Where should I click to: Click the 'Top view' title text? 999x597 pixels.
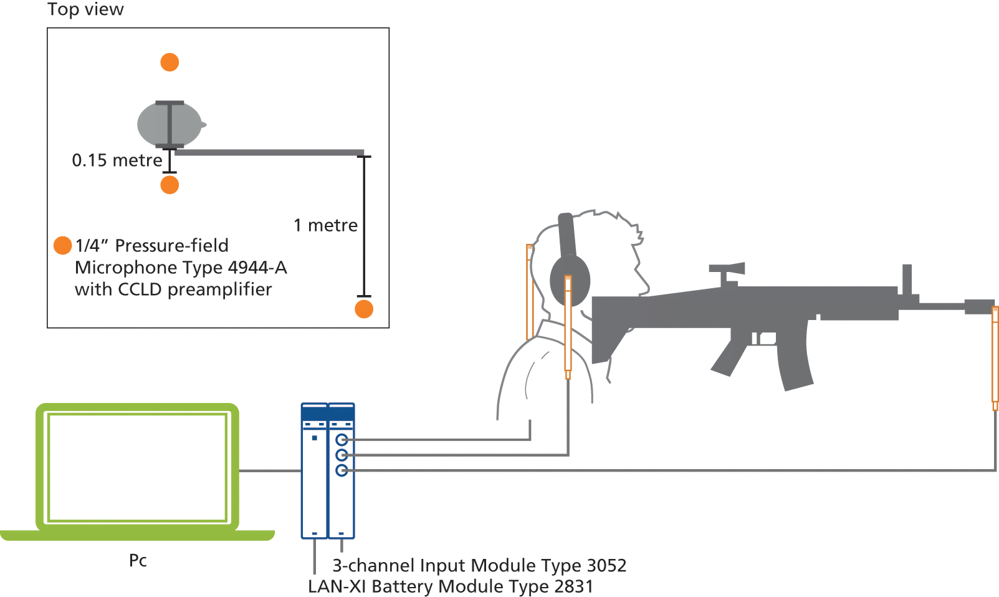(x=85, y=9)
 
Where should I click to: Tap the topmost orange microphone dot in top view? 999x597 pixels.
(x=170, y=62)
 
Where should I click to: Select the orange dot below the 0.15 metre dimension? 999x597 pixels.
(x=170, y=185)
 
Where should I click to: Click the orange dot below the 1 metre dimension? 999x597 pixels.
(x=364, y=309)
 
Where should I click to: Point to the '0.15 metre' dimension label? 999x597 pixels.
(x=117, y=160)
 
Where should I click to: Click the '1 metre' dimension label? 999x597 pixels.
(x=325, y=225)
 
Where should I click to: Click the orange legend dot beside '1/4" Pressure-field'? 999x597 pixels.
(x=62, y=246)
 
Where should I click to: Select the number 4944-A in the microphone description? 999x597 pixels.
(x=257, y=268)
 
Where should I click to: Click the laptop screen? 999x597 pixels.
(x=137, y=468)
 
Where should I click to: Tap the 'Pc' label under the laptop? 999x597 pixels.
(x=138, y=560)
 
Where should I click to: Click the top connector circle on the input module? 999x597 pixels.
(x=342, y=440)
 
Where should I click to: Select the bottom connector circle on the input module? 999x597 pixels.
(x=342, y=470)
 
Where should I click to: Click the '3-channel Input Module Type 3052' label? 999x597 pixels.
(x=479, y=565)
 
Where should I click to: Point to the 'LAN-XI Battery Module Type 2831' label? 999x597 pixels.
(x=450, y=586)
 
